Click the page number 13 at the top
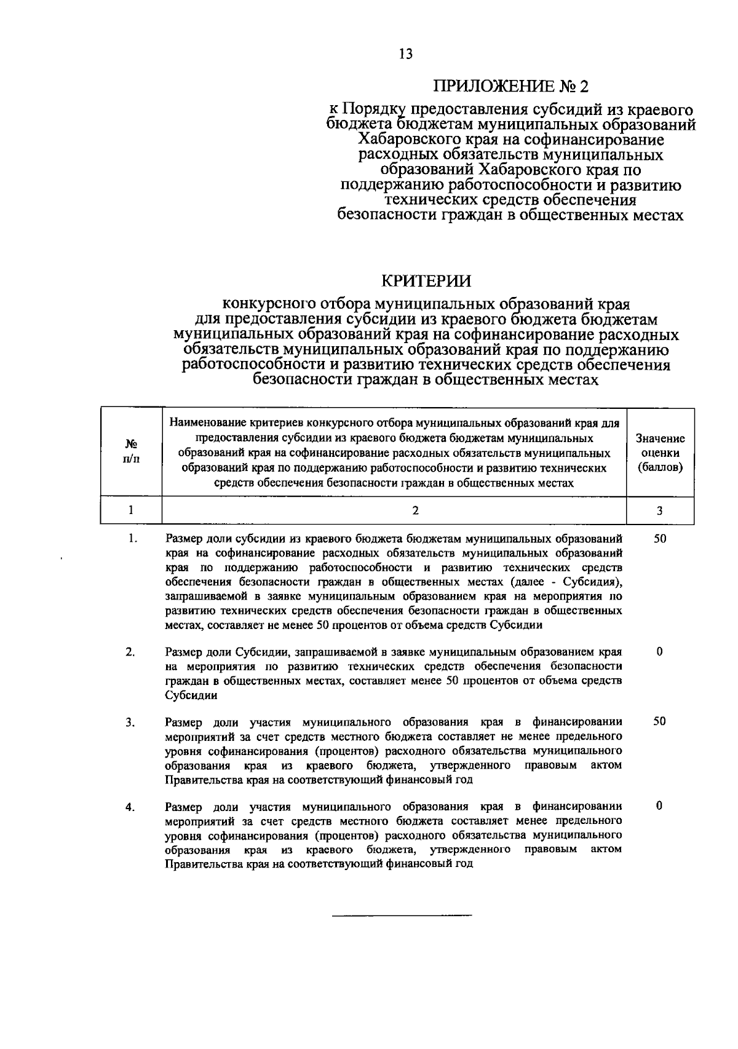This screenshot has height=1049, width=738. pyautogui.click(x=405, y=54)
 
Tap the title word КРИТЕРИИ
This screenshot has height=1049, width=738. pyautogui.click(x=427, y=281)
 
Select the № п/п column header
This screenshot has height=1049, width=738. pyautogui.click(x=131, y=451)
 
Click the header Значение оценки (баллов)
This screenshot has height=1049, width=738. pyautogui.click(x=660, y=453)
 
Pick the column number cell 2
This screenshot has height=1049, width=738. pyautogui.click(x=416, y=510)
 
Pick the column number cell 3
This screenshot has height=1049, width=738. pyautogui.click(x=659, y=510)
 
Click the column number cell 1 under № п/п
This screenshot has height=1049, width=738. pyautogui.click(x=131, y=510)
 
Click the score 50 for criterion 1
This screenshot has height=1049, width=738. pyautogui.click(x=659, y=539)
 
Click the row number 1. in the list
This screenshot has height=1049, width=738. pyautogui.click(x=132, y=539)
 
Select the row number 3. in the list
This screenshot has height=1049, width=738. pyautogui.click(x=131, y=722)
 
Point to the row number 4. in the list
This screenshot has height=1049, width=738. pyautogui.click(x=131, y=807)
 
